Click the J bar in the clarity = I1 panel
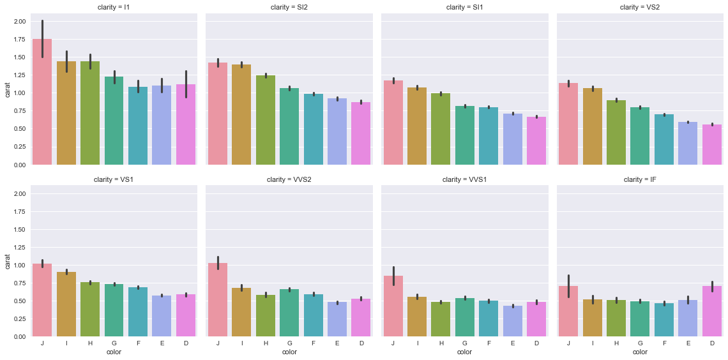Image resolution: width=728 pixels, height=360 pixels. tap(42, 102)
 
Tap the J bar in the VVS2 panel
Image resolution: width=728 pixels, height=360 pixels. tap(218, 300)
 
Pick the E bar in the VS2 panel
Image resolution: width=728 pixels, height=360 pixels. tap(688, 144)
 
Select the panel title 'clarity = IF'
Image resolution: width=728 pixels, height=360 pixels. tap(640, 179)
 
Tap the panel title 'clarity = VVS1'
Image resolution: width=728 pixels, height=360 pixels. tap(464, 179)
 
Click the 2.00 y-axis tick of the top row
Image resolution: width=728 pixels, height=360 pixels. tap(19, 22)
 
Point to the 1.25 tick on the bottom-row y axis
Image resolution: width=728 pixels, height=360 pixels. tap(19, 247)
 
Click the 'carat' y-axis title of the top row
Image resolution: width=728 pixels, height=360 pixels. tap(6, 93)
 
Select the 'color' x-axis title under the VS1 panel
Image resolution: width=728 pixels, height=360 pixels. tap(114, 352)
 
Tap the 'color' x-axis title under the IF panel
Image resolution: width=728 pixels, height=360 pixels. tap(640, 352)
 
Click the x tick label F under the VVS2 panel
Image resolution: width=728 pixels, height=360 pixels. tap(314, 343)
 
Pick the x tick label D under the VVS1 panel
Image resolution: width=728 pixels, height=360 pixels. tap(536, 343)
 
